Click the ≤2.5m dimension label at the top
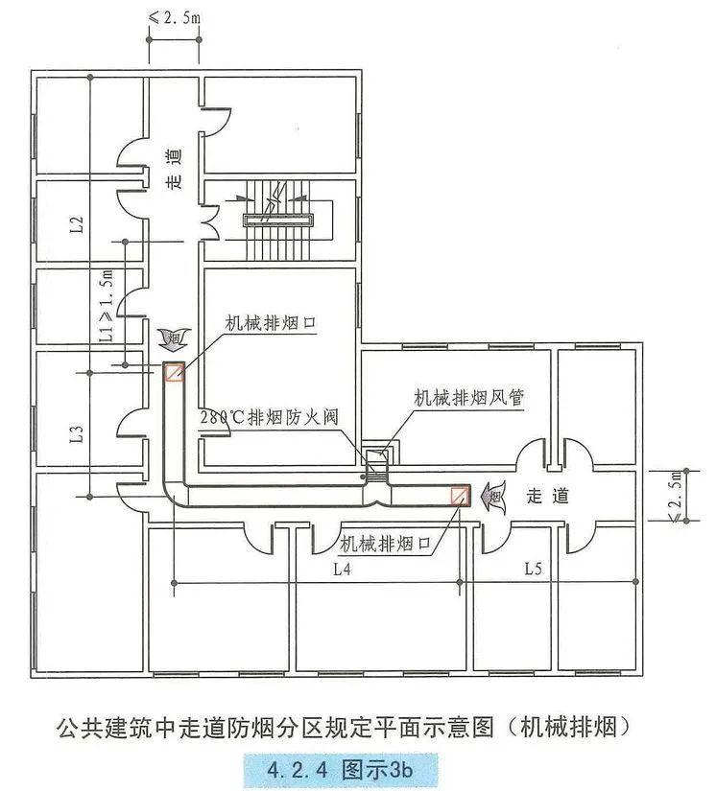pos(174,17)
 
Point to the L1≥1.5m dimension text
pos(107,307)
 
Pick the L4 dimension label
pos(343,569)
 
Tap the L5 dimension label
pos(534,569)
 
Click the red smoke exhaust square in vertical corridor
pos(174,372)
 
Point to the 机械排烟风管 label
pos(468,397)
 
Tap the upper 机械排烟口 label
pos(271,323)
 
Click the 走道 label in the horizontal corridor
pos(548,496)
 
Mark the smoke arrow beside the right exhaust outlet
pos(493,497)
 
